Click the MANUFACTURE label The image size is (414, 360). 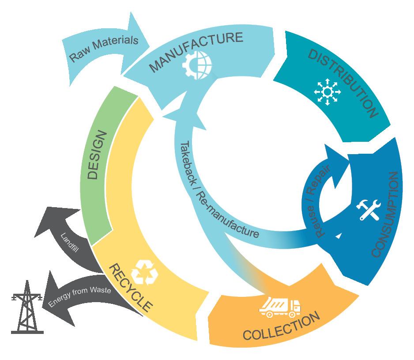196,52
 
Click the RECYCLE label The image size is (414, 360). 130,287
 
